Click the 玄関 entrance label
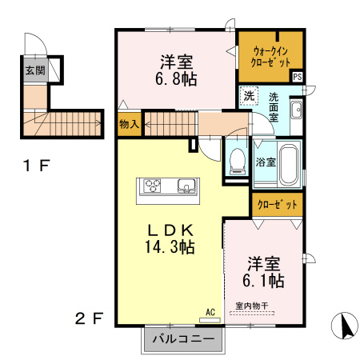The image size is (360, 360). [x=35, y=70]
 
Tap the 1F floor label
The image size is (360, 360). [x=37, y=166]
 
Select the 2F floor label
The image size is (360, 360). [x=89, y=318]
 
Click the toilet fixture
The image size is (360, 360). [x=238, y=161]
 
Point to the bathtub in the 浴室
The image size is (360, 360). [x=289, y=165]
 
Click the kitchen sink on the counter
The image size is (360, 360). [x=186, y=186]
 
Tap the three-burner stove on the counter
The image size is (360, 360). [x=152, y=186]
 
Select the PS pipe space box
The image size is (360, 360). [x=298, y=77]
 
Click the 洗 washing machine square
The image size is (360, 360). [x=249, y=95]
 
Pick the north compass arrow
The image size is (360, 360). [x=345, y=326]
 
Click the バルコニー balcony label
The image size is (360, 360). [x=183, y=339]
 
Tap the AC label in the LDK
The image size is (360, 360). [x=210, y=312]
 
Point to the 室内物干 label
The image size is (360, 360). [x=252, y=306]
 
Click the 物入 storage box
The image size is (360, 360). [x=130, y=124]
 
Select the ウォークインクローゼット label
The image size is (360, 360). [x=270, y=57]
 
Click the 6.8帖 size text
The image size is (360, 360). [x=176, y=79]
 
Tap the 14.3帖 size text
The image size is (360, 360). [x=170, y=246]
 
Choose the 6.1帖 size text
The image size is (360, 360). [x=263, y=280]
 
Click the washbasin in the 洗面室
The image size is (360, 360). [x=296, y=110]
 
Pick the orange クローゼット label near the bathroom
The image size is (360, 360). [x=277, y=205]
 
